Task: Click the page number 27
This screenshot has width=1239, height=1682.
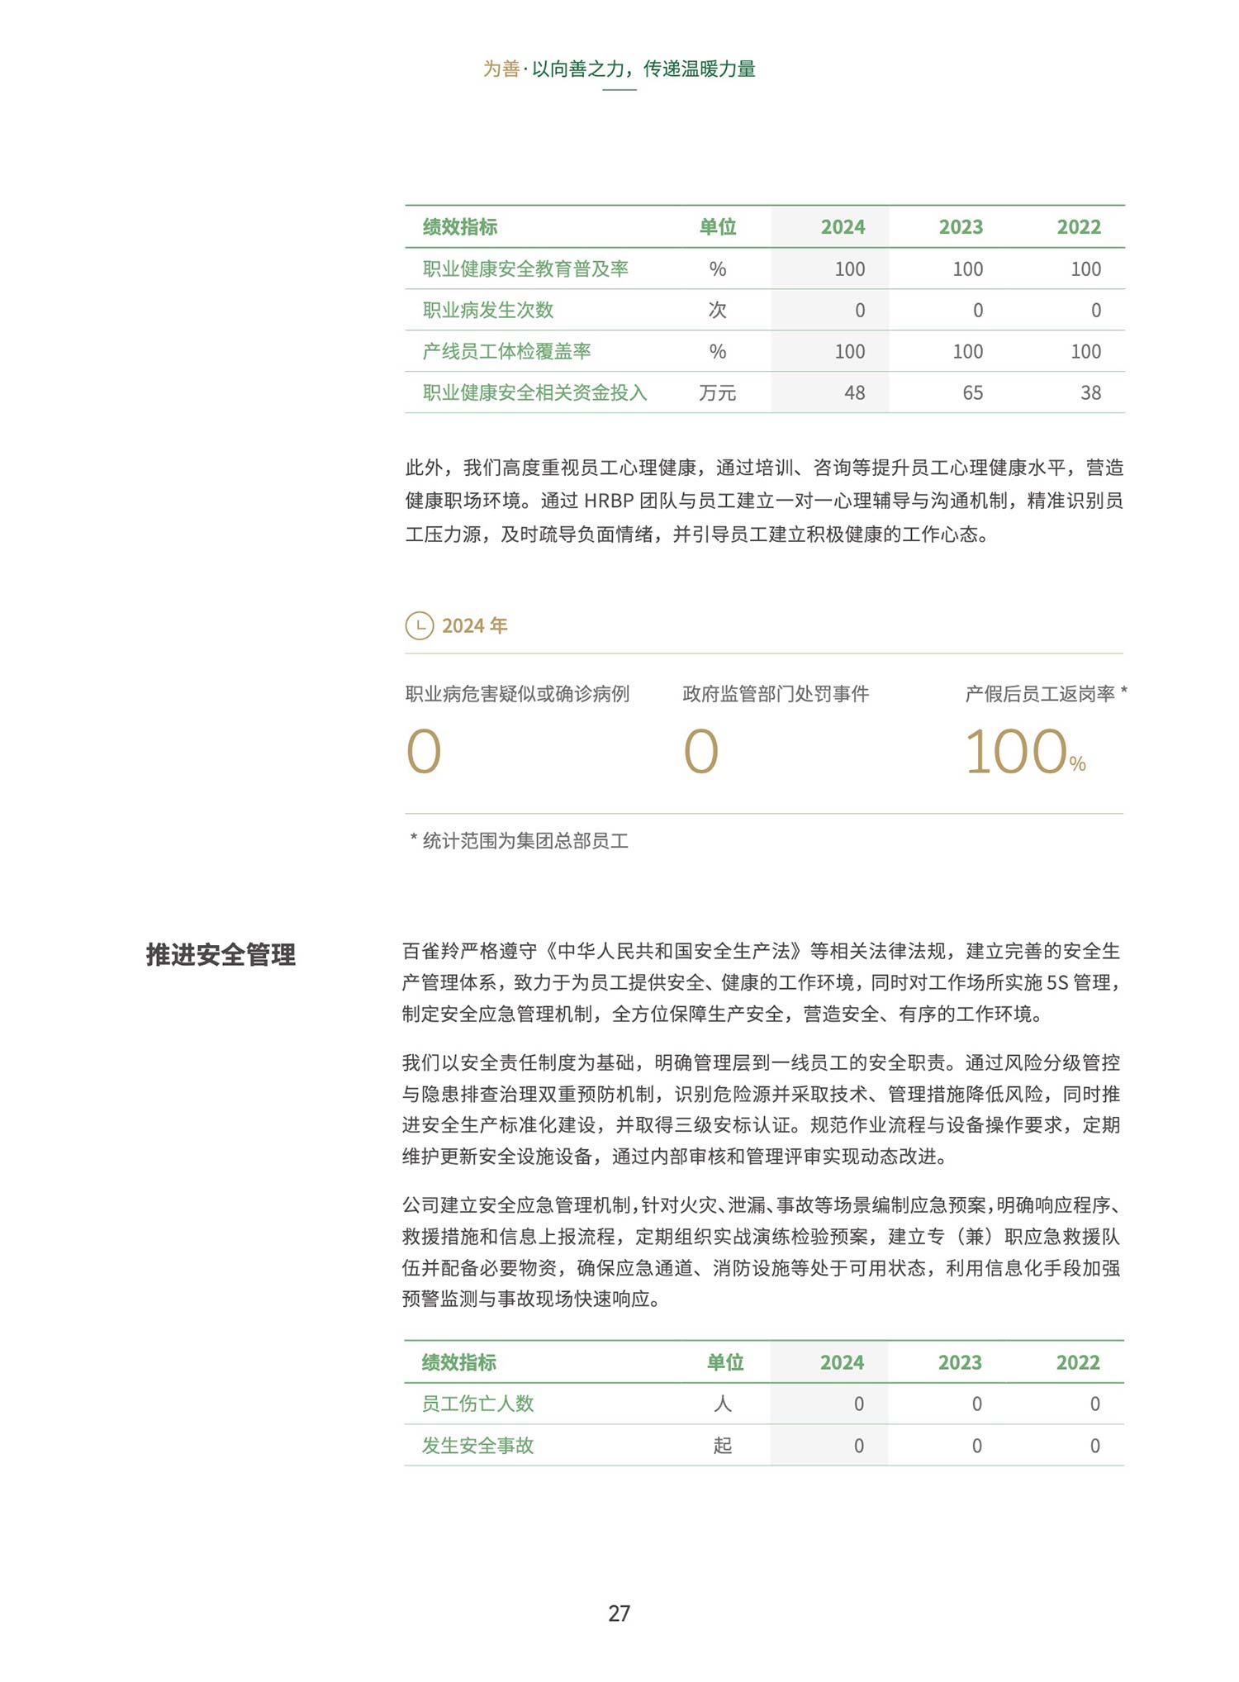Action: (x=619, y=1613)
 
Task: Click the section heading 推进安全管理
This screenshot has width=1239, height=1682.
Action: (x=221, y=954)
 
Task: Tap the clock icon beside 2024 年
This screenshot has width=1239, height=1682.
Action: (x=420, y=625)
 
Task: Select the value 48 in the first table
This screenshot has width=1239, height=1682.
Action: (x=854, y=393)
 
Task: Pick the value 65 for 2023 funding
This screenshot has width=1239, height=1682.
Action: (x=972, y=393)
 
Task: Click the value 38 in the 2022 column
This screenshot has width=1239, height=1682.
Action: (x=1090, y=393)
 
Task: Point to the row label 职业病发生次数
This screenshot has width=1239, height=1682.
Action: (x=487, y=310)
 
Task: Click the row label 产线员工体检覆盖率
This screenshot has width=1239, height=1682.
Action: (x=506, y=351)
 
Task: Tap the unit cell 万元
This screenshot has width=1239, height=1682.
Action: (x=717, y=393)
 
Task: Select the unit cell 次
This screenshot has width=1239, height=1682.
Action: (x=717, y=310)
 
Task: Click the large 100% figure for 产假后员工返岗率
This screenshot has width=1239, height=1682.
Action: (x=1023, y=752)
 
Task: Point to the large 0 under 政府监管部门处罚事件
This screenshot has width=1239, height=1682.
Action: (x=700, y=752)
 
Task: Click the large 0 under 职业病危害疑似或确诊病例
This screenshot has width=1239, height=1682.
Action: (x=424, y=752)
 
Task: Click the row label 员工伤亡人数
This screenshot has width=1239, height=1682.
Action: (x=477, y=1404)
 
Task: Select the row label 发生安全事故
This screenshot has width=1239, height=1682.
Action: (x=477, y=1446)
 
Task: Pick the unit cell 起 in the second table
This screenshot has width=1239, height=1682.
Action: (x=723, y=1446)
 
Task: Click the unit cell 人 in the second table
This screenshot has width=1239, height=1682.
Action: (x=723, y=1404)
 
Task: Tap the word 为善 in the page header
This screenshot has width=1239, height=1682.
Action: (x=501, y=69)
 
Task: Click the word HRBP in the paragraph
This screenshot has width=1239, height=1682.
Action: (x=609, y=501)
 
